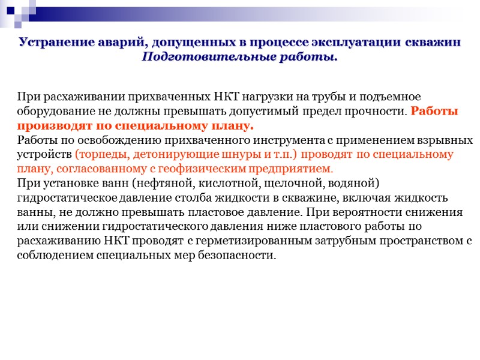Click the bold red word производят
click(53, 126)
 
